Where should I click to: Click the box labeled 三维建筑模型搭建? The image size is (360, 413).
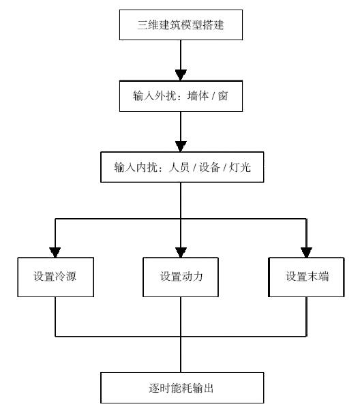click(x=181, y=25)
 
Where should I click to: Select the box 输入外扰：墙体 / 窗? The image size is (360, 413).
click(x=181, y=96)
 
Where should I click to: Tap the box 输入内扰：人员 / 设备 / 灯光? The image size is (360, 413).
click(x=182, y=167)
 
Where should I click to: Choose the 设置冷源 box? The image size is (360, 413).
click(x=56, y=277)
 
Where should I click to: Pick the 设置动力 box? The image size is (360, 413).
click(x=181, y=277)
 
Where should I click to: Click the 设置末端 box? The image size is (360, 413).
click(x=306, y=277)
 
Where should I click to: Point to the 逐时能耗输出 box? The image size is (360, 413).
click(x=182, y=388)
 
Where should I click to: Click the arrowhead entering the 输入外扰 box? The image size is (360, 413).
click(x=181, y=75)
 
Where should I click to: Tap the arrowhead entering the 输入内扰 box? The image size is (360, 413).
click(x=181, y=147)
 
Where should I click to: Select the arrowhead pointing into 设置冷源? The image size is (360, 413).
click(x=55, y=252)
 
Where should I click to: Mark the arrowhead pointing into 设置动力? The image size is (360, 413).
click(x=181, y=252)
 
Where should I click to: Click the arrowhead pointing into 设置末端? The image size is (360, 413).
click(x=307, y=252)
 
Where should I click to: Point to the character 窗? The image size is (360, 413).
click(x=223, y=96)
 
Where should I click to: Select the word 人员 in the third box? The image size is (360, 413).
click(x=179, y=167)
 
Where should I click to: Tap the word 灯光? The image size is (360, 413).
click(x=239, y=167)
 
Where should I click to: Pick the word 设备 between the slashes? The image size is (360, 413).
click(x=209, y=167)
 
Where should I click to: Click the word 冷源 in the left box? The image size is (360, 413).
click(x=65, y=276)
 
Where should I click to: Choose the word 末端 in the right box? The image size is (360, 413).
click(x=318, y=276)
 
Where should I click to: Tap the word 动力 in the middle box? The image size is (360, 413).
click(x=192, y=276)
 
